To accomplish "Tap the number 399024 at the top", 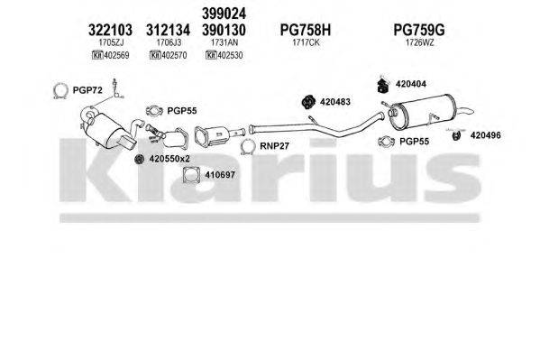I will (x=225, y=13).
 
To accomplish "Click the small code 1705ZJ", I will (x=113, y=43).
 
